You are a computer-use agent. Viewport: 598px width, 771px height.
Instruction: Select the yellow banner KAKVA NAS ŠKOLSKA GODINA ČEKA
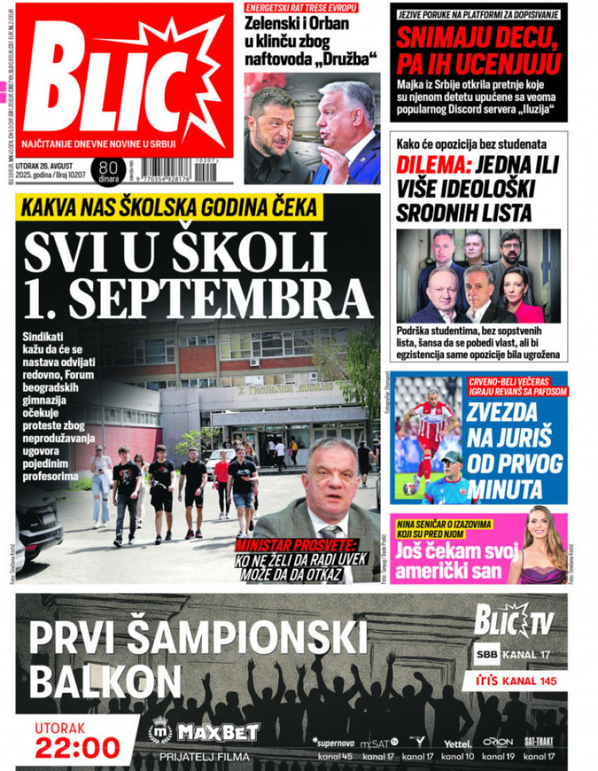coord(169,208)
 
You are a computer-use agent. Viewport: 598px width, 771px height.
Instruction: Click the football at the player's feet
coord(410,489)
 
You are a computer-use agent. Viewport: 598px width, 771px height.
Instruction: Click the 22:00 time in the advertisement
coord(78,748)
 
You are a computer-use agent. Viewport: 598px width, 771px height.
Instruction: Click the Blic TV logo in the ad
coord(513,622)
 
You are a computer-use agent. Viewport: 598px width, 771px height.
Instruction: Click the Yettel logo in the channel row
coord(458,743)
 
